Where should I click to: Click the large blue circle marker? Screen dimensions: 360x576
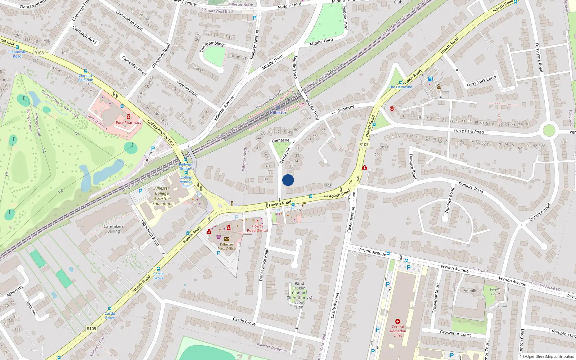coord(288,180)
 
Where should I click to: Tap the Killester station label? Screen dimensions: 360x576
coord(278,113)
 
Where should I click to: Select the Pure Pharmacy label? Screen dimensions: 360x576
coord(129,123)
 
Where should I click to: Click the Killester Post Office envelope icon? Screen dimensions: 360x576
coord(226,239)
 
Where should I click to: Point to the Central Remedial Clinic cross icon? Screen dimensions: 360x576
coord(398,321)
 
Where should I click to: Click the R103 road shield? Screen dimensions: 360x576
coord(39,53)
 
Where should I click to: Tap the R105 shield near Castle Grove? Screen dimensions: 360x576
coord(91,328)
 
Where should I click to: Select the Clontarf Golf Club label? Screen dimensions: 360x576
coord(86,78)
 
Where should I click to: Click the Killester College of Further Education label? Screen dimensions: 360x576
coord(162,196)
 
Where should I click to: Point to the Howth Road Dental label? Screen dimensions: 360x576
coord(257,228)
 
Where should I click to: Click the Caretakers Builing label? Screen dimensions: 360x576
coord(113,229)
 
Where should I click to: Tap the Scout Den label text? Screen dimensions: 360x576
coord(299,295)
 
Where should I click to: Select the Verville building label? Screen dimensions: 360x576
coord(471,291)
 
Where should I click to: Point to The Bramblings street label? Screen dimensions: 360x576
coord(213,46)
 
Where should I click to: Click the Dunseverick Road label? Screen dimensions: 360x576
coord(264,265)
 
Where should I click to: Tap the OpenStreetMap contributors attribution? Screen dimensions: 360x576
coord(548,356)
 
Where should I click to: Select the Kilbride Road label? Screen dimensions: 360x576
coord(187,88)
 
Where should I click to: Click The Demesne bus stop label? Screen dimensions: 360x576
coord(400,87)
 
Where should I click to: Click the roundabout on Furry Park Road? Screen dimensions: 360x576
coord(549,130)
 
